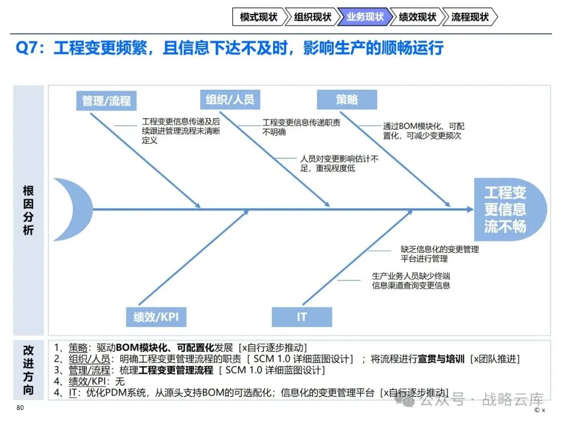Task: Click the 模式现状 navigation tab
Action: point(259,17)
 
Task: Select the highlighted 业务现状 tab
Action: point(365,17)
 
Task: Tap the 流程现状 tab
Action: point(470,17)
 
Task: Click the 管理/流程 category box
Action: point(107,101)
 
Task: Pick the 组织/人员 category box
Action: point(230,100)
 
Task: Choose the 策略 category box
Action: point(347,100)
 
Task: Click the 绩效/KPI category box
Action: point(156,317)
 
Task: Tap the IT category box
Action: point(302,317)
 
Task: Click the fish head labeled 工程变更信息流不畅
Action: point(509,209)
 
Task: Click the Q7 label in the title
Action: point(27,48)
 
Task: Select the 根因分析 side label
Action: point(28,210)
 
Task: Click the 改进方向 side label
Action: point(28,370)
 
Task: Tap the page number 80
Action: point(20,407)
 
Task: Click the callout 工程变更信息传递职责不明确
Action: point(301,128)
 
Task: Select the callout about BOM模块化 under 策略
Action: point(424,131)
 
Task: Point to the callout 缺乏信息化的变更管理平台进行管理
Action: point(440,254)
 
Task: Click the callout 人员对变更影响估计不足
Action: point(339,164)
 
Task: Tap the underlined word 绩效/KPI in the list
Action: point(87,381)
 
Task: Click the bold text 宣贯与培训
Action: point(441,359)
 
